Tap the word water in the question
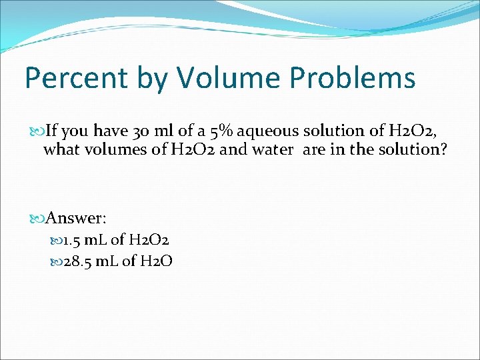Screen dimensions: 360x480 point(272,149)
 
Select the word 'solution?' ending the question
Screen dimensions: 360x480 point(413,149)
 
